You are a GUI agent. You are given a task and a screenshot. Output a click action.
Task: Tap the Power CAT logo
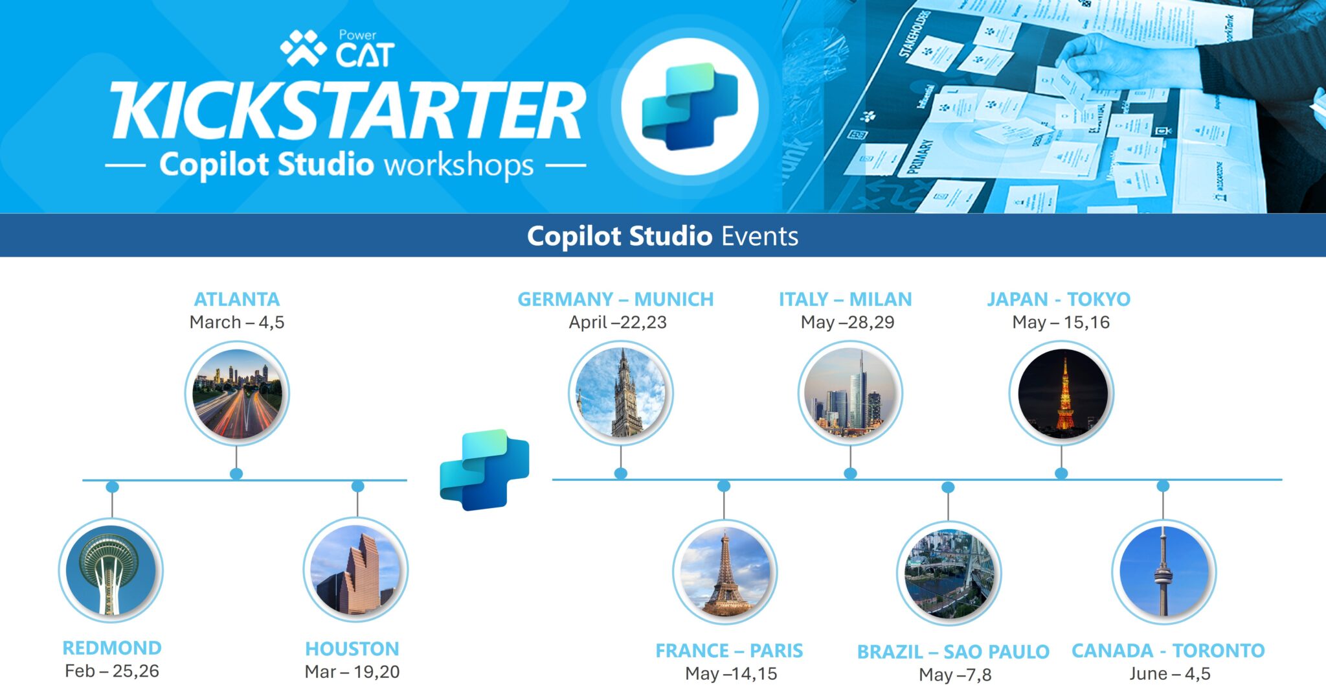(337, 49)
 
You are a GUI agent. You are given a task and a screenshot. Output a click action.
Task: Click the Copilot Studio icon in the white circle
(690, 106)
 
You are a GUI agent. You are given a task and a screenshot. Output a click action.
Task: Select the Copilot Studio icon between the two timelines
(484, 469)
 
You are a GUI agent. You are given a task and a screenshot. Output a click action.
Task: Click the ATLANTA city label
(237, 299)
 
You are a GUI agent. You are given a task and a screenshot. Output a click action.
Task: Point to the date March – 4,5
(237, 322)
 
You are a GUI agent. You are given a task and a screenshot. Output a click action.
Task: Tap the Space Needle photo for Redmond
(111, 571)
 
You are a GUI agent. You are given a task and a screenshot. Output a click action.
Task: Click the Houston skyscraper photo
(355, 570)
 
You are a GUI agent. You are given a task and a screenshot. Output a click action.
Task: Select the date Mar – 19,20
(352, 671)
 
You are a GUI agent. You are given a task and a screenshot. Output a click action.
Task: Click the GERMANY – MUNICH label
(615, 299)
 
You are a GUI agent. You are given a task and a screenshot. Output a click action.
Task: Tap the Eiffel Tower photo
(725, 572)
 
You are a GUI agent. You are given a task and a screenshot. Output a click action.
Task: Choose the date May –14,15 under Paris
(731, 674)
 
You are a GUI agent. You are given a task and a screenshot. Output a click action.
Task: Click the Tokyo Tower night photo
(1061, 393)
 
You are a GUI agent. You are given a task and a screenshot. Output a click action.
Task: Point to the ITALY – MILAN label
(845, 299)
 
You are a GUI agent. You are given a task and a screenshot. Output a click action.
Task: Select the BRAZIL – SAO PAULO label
(953, 651)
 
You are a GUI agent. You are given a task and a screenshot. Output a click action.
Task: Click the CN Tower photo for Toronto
(1163, 572)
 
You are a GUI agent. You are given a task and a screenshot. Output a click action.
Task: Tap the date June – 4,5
(1169, 673)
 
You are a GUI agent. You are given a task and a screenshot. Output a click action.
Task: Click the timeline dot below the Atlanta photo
(236, 474)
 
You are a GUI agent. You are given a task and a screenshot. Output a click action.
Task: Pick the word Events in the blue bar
(759, 236)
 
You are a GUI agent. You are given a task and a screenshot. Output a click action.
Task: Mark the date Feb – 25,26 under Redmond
(112, 671)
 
